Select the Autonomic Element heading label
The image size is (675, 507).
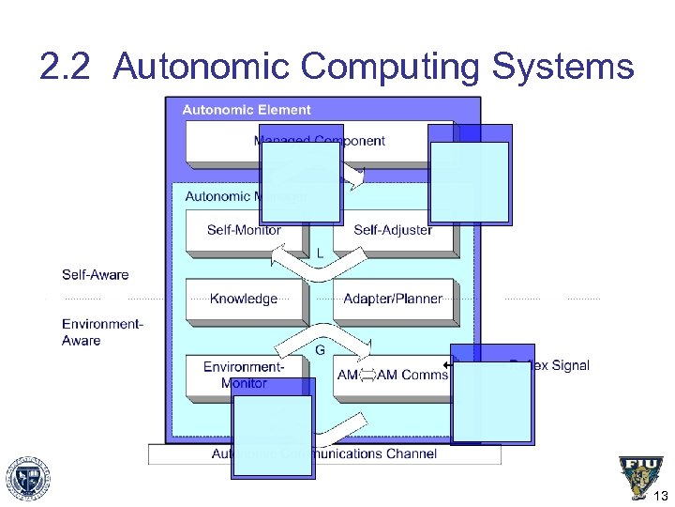click(247, 110)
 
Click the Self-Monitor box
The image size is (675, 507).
click(245, 230)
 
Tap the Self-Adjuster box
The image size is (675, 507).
click(393, 230)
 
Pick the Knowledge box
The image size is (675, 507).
click(244, 299)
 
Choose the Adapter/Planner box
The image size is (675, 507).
click(393, 299)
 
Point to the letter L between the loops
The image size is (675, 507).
click(321, 253)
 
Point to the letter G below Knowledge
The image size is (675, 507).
click(321, 350)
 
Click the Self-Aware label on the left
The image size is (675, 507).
click(96, 275)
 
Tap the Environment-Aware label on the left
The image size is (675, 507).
click(102, 332)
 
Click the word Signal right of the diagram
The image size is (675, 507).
click(569, 365)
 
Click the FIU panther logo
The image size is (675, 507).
click(640, 476)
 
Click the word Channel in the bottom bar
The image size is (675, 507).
click(412, 454)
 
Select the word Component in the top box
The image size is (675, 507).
click(350, 141)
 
